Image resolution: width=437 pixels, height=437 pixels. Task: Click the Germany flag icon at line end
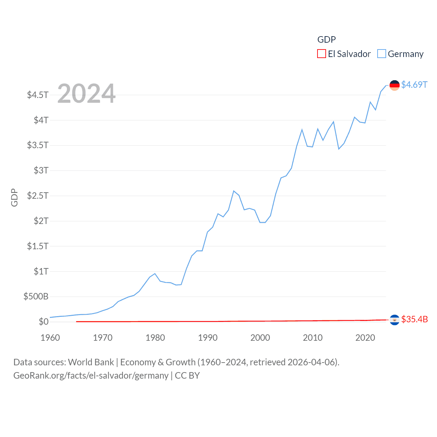(394, 85)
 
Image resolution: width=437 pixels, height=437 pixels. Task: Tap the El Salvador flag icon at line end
(394, 320)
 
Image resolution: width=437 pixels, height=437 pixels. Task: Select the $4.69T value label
(414, 85)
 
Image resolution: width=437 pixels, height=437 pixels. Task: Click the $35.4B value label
(414, 319)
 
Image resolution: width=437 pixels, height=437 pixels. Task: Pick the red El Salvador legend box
(322, 54)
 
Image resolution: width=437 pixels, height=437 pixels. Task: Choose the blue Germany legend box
(382, 54)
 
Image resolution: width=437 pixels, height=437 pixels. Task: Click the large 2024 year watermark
(86, 94)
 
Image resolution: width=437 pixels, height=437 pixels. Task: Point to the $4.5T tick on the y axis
(38, 95)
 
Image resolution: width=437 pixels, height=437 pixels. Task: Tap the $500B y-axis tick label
(36, 296)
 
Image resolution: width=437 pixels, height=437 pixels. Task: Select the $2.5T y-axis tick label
(38, 196)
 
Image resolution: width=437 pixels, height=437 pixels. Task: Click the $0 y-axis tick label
(43, 322)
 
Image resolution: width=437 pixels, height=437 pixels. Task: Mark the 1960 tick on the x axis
(50, 338)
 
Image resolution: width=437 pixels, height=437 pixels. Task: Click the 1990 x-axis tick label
(208, 338)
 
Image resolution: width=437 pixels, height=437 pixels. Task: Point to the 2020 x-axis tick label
(365, 338)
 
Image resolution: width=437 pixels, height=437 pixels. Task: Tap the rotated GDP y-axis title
(14, 197)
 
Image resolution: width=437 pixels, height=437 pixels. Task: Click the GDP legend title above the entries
(326, 40)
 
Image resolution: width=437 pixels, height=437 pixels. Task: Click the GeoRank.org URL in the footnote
(91, 376)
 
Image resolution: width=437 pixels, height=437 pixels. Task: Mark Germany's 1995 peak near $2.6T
(234, 191)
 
